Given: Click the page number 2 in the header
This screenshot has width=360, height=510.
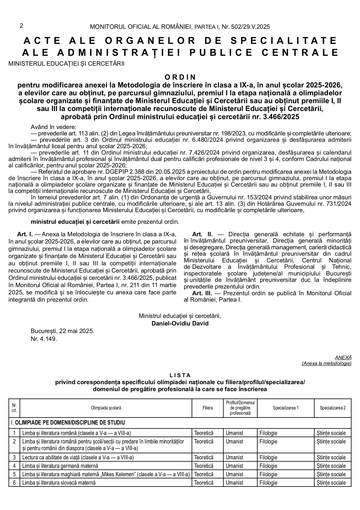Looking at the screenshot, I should point(21,26).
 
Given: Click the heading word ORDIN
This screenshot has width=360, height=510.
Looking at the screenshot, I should point(180,77).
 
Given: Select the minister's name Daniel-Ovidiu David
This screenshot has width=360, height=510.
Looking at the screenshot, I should point(180,323).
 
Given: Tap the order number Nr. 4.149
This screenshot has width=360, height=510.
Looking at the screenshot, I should point(44,339).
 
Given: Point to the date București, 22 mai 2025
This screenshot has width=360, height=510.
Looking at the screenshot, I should point(62,331).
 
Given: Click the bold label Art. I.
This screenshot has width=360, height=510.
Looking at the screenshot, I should point(25,234).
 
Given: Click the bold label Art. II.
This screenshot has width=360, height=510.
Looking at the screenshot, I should point(202,234).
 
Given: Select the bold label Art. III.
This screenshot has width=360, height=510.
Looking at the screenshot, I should point(202,293).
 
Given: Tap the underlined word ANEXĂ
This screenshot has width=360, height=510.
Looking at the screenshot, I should point(343,357).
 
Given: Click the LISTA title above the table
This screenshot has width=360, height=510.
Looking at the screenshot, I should point(180,375).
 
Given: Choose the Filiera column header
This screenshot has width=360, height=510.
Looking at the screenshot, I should point(208,408).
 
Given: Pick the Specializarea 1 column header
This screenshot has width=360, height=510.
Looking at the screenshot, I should point(286,408).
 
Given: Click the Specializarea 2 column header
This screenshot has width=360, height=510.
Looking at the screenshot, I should point(333,408).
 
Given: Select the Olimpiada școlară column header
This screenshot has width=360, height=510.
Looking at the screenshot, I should point(106,408).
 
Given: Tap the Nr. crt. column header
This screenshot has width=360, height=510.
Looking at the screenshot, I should point(14,408).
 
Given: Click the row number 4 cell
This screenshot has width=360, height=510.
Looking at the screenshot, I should point(14,466).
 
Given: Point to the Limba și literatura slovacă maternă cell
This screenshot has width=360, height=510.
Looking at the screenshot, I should point(59,483).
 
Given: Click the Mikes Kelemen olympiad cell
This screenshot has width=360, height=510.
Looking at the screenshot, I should point(106,474).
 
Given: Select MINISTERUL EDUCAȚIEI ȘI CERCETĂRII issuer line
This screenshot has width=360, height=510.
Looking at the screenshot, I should point(66,64).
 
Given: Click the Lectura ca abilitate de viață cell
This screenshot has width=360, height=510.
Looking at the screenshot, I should point(78,457).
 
